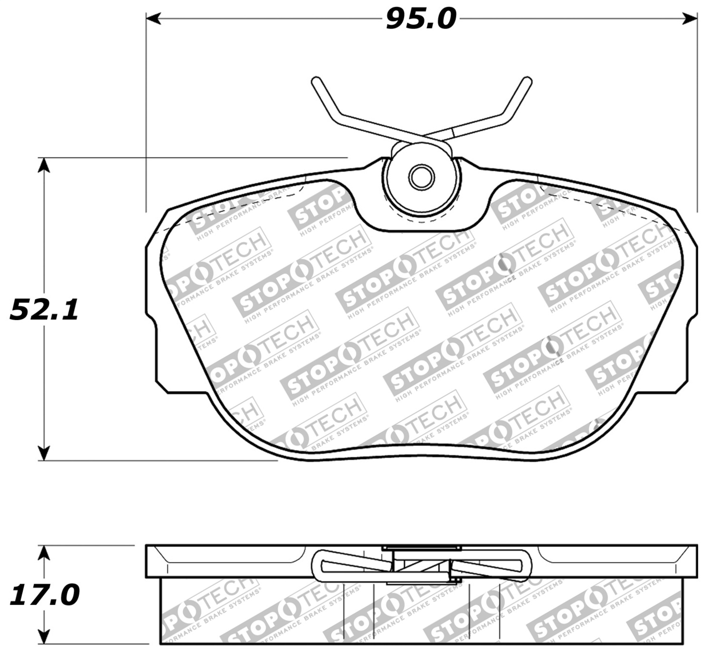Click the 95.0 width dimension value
click(421, 20)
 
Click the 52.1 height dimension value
click(44, 310)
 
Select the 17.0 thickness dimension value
click(44, 595)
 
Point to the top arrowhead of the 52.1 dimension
click(44, 165)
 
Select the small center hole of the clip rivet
click(422, 177)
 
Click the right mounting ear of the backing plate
click(687, 352)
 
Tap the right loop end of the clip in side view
click(525, 566)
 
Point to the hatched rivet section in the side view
click(421, 566)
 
